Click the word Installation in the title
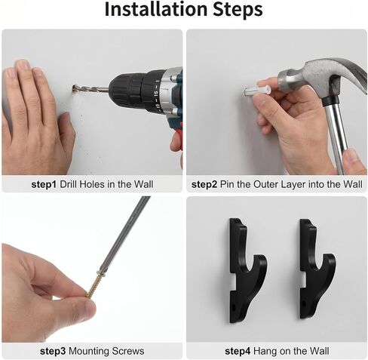pos(156,9)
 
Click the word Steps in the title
pos(238,11)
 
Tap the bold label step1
pos(44,184)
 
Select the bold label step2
pos(204,184)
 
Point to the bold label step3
pos(53,351)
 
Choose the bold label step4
pos(238,351)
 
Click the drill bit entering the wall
pos(90,89)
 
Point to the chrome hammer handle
pos(337,136)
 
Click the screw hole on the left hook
pos(234,307)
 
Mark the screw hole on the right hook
pos(304,303)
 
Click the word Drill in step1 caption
pos(69,184)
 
